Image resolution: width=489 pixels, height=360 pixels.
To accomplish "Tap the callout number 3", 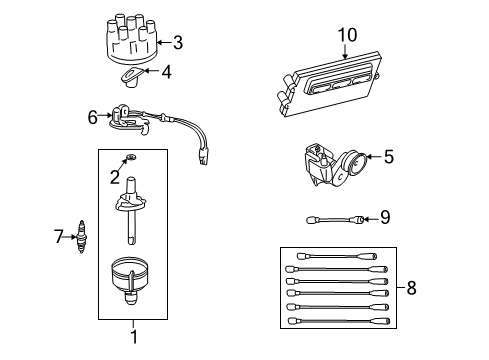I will coord(178,42).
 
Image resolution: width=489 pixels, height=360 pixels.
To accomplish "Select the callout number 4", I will coord(167,71).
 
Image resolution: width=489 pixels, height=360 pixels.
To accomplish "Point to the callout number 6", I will coord(93,117).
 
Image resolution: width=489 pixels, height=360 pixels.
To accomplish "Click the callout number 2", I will coord(115,177).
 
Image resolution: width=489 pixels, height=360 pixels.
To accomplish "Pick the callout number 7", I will coord(57,236).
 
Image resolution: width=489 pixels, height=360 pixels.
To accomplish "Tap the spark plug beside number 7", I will coord(78,238).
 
